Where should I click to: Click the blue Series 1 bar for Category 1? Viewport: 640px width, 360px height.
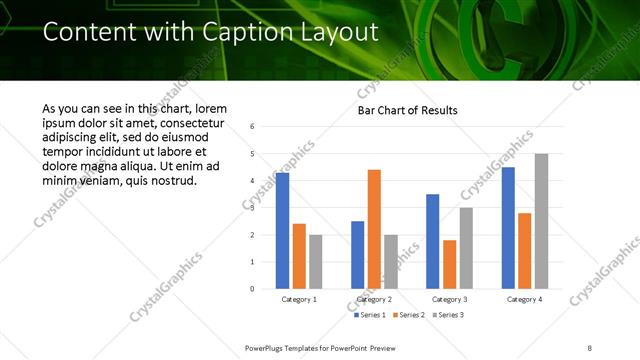click(282, 230)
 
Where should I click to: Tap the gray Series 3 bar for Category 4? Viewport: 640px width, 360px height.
click(541, 221)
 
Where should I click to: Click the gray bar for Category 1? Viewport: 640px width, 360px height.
click(316, 261)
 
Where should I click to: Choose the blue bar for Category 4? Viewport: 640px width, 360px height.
click(508, 228)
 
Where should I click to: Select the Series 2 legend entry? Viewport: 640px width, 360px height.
click(409, 315)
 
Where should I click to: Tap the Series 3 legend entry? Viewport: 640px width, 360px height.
click(446, 315)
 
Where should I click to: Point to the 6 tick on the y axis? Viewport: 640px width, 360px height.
click(253, 127)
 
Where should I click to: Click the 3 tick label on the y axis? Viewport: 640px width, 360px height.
click(253, 208)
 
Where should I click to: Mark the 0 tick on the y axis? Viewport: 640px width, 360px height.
click(253, 289)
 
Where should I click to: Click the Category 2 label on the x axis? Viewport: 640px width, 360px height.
click(373, 299)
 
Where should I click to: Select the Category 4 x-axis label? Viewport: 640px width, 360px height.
click(524, 299)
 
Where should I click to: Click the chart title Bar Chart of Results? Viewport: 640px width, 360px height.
click(409, 110)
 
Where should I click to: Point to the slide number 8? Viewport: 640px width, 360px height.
click(590, 347)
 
